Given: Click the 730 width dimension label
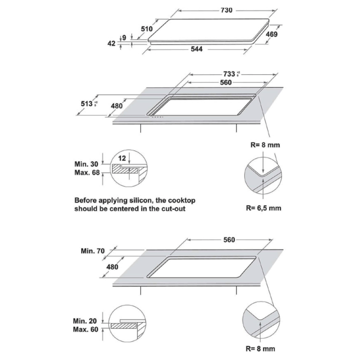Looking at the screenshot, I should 226,10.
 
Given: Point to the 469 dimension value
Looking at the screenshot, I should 271,34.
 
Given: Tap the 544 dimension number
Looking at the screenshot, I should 197,49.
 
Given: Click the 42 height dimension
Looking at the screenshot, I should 112,43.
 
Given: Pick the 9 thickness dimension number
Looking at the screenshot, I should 124,38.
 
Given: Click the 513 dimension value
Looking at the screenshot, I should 87,104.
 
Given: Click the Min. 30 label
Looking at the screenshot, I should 86,164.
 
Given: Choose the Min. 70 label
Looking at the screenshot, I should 92,251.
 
